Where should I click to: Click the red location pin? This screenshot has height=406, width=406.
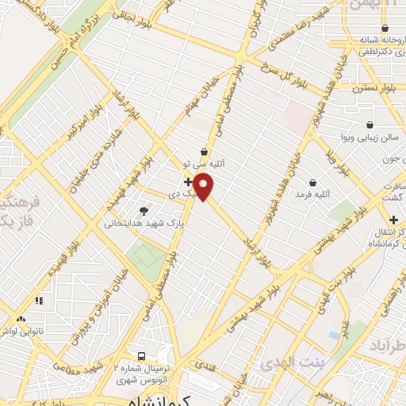204,187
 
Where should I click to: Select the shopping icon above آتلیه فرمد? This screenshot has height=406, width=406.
313,182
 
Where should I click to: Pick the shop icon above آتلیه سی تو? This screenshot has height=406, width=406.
205,150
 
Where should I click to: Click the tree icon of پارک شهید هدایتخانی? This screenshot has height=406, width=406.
144,211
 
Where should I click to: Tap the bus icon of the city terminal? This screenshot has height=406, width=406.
142,357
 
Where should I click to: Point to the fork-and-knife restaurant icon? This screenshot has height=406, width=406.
38,301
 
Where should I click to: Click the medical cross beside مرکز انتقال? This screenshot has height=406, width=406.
394,219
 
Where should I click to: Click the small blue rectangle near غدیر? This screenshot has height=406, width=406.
333,334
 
